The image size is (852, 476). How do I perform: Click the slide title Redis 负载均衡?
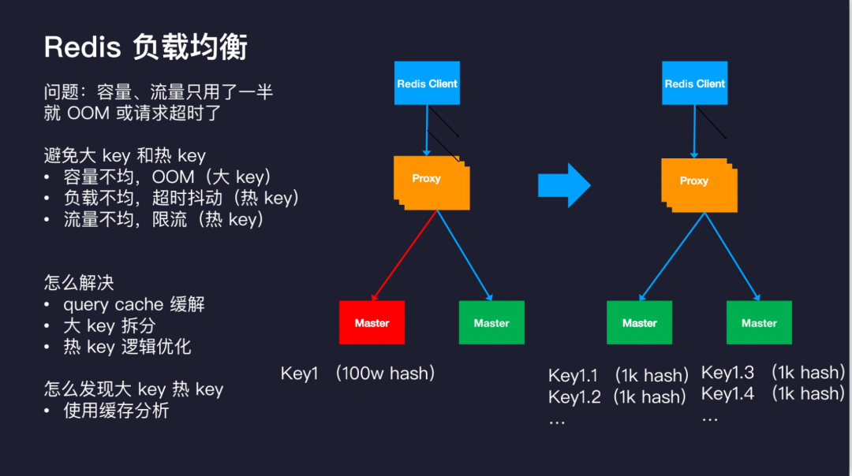[x=146, y=47]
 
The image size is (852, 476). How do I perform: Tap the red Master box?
[x=372, y=322]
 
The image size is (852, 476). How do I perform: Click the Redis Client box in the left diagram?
[x=427, y=84]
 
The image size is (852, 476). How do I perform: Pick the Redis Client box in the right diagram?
[x=694, y=84]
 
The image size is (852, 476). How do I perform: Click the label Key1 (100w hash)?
[x=358, y=373]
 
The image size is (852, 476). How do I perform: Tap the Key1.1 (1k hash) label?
[x=618, y=375]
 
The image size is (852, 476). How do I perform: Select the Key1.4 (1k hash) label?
[x=772, y=393]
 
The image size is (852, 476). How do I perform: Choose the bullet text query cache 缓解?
[x=133, y=304]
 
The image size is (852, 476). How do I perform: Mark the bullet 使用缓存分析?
[x=116, y=410]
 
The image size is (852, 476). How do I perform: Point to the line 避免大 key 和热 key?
[x=125, y=156]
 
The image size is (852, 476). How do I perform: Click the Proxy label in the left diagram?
[x=426, y=178]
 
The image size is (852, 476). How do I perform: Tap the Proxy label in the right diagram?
[x=694, y=180]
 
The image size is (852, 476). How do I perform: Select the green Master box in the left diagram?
[x=491, y=322]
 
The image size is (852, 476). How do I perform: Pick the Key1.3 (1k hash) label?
[x=772, y=373]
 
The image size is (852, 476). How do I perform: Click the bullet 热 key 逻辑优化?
[x=127, y=347]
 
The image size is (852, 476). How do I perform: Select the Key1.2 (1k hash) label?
[x=617, y=396]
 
